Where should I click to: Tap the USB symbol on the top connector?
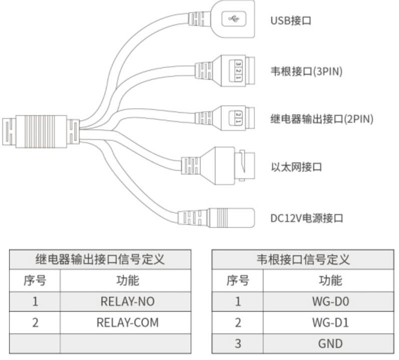(x=234, y=20)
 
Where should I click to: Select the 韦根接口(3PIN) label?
(x=306, y=71)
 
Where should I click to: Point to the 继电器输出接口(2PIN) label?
(x=321, y=119)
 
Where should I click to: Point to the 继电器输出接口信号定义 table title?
(x=100, y=259)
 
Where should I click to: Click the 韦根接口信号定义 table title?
(x=303, y=259)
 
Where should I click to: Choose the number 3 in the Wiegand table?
(x=238, y=343)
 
